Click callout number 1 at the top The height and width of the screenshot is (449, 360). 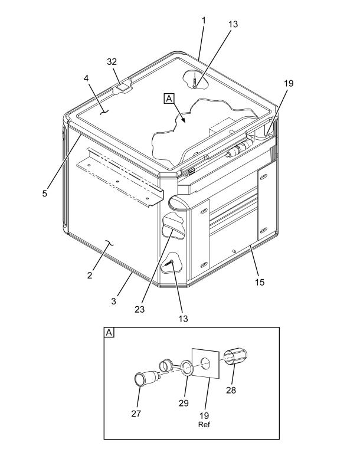[204, 21]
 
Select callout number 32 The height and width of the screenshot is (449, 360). [112, 61]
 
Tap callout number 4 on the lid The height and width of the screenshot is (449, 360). [86, 78]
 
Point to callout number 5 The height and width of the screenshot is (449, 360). [45, 194]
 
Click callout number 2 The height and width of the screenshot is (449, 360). [90, 275]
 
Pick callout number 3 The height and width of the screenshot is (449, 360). [114, 301]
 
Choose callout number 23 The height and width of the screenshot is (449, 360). [140, 309]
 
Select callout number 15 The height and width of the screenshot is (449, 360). [260, 283]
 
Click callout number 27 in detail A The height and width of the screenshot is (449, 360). [136, 414]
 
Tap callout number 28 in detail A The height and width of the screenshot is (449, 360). [231, 390]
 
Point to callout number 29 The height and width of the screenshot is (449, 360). [184, 403]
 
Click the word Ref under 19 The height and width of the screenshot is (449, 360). [204, 424]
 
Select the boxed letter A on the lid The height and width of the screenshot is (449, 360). [169, 99]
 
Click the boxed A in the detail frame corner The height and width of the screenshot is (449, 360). [109, 332]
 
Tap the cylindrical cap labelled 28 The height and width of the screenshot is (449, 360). [235, 356]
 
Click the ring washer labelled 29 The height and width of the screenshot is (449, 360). [186, 368]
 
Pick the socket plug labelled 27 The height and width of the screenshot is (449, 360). [146, 378]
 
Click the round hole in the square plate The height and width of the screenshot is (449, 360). [205, 363]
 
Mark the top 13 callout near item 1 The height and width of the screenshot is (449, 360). [233, 24]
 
